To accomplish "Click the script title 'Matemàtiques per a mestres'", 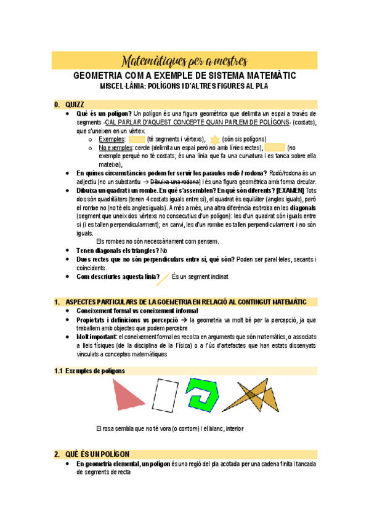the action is coord(184,61).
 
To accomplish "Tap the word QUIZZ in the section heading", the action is coord(75,104).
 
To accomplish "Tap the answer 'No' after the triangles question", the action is coord(164,251).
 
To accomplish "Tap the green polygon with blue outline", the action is coord(205,395).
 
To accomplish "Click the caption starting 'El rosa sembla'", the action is coord(165,428).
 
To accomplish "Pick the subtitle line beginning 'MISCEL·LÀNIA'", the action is coord(184,86).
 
